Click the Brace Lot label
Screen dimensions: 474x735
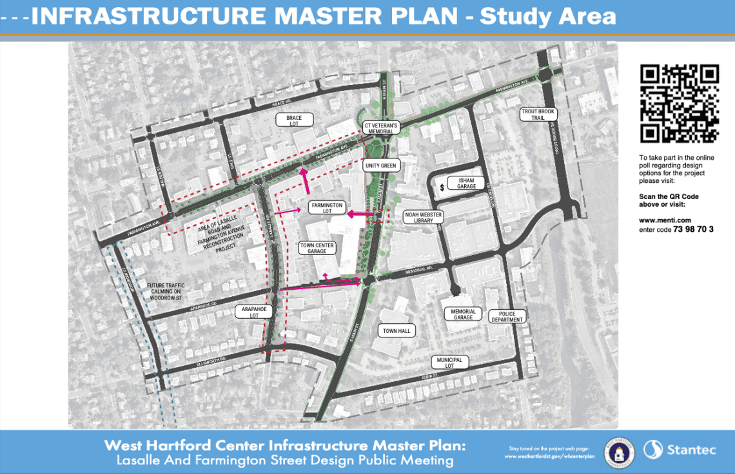click(x=295, y=119)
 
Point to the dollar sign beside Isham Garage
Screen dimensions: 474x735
click(x=442, y=187)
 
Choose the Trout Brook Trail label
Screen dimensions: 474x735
click(x=538, y=115)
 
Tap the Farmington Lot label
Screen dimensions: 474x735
click(x=326, y=207)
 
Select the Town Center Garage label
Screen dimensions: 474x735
click(x=317, y=248)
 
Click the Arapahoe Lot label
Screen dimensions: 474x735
click(x=255, y=312)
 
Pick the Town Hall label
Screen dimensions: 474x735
click(x=397, y=331)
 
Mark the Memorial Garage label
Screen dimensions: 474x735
click(x=463, y=314)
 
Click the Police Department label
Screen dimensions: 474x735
click(x=507, y=317)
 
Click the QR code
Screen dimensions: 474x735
click(x=679, y=103)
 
